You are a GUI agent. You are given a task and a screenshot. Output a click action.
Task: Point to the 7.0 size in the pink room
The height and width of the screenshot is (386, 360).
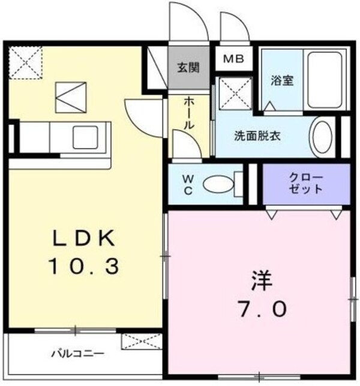[259, 309]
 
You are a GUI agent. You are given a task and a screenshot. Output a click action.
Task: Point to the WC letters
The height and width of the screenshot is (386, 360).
[185, 184]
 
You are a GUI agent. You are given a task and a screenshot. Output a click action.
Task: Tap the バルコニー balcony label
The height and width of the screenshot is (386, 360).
[78, 354]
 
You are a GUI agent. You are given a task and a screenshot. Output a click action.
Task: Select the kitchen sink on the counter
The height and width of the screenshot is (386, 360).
[90, 137]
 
